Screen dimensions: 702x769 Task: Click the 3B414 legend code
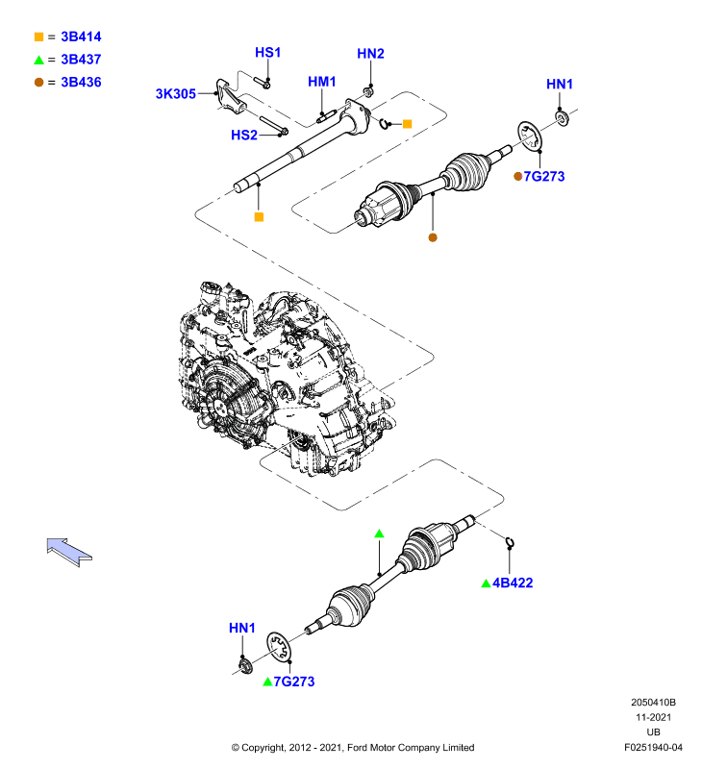pyautogui.click(x=81, y=37)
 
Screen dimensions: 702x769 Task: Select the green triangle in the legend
pyautogui.click(x=38, y=61)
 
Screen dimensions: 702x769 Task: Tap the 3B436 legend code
pyautogui.click(x=81, y=82)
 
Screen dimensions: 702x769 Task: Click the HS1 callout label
pyautogui.click(x=268, y=53)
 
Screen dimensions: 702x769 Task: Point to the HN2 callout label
pyautogui.click(x=370, y=54)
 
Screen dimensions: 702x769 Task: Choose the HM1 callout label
pyautogui.click(x=322, y=82)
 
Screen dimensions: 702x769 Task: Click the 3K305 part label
pyautogui.click(x=176, y=93)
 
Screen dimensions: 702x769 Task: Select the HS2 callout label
pyautogui.click(x=244, y=135)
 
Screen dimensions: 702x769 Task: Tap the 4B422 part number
pyautogui.click(x=513, y=583)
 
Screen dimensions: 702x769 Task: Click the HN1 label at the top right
pyautogui.click(x=560, y=84)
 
